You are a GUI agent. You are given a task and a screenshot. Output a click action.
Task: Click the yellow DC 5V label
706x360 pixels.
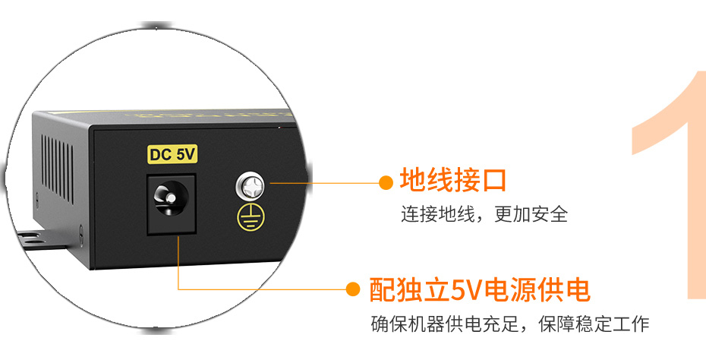[x=173, y=154]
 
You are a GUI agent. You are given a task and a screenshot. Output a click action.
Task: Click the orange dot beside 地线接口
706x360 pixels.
[x=385, y=182]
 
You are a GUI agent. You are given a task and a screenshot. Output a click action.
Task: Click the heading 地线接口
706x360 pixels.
[x=452, y=182]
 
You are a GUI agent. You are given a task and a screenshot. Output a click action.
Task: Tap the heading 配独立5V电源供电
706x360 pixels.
[x=479, y=289]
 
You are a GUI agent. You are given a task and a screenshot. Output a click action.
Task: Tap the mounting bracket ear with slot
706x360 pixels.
[x=42, y=238]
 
